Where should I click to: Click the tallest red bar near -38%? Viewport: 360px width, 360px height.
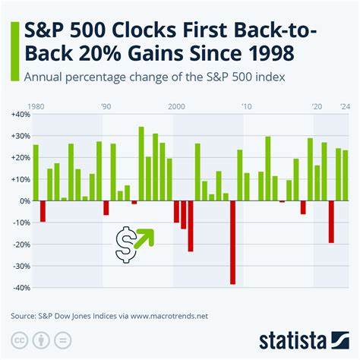tap(232, 242)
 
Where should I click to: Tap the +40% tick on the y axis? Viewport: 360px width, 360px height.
tap(21, 114)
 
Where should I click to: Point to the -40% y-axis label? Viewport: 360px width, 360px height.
tap(21, 288)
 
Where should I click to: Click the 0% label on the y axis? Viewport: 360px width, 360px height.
tap(24, 201)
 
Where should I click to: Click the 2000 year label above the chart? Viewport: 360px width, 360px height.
tap(176, 106)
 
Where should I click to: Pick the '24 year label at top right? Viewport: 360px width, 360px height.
tap(345, 106)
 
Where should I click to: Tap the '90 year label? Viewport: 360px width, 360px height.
tap(106, 106)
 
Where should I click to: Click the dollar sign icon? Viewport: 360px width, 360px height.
tap(126, 245)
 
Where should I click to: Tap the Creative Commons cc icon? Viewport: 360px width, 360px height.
tap(17, 338)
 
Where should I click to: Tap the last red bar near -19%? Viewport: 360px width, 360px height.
tap(331, 222)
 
